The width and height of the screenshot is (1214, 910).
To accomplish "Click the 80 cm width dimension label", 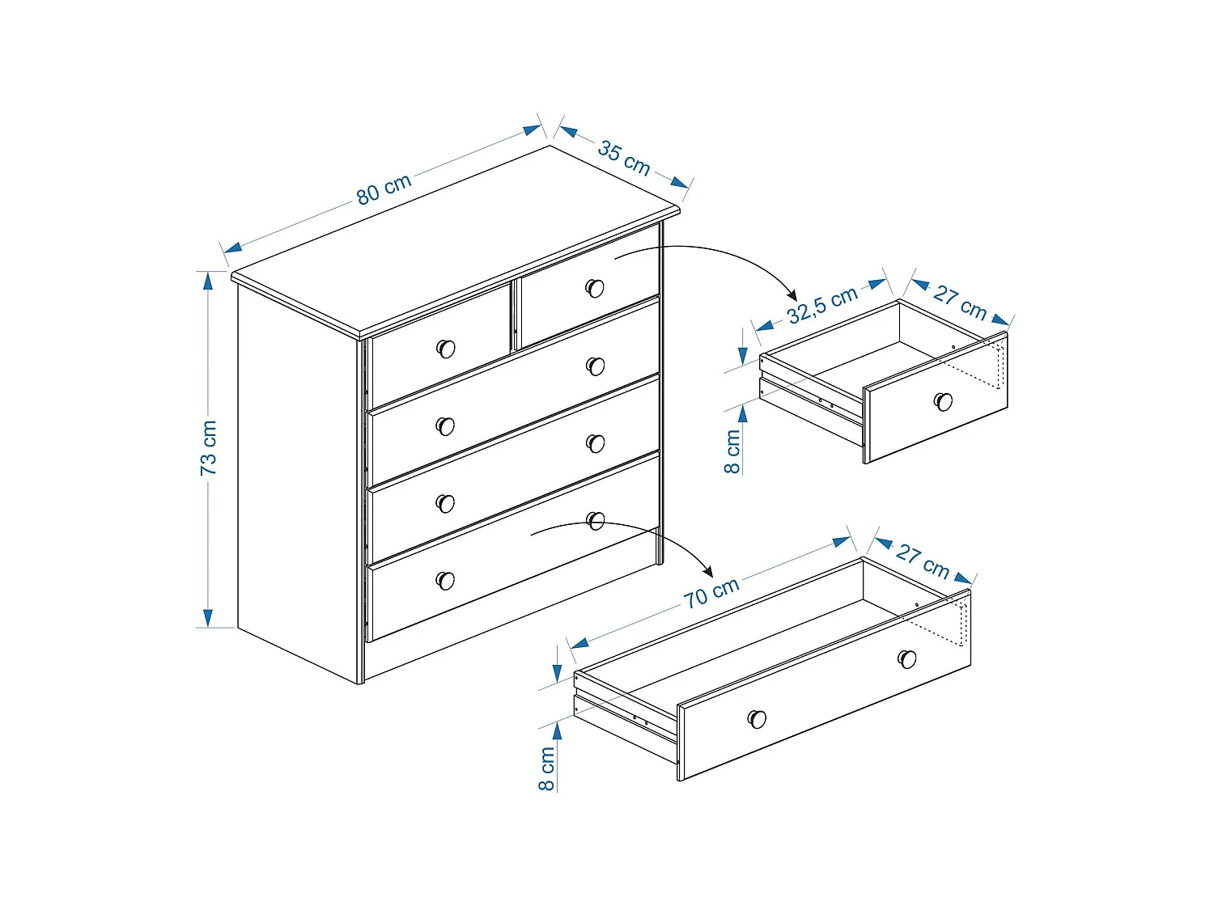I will pyautogui.click(x=384, y=189).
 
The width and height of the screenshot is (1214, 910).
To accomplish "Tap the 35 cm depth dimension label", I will pyautogui.click(x=623, y=158).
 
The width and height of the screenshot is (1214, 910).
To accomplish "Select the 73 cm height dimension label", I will pyautogui.click(x=209, y=447).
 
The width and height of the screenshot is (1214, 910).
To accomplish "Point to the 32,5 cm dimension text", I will pyautogui.click(x=821, y=305).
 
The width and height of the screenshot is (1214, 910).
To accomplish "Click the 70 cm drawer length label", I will pyautogui.click(x=711, y=593).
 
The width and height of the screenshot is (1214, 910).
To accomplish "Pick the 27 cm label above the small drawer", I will pyautogui.click(x=960, y=302).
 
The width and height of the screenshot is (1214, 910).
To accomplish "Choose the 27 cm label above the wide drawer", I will pyautogui.click(x=923, y=561).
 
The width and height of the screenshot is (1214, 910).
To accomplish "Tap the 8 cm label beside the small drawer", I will pyautogui.click(x=732, y=451).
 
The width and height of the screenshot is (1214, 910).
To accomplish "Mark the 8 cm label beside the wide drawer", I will pyautogui.click(x=547, y=768).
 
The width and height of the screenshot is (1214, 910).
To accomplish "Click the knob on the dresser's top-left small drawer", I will pyautogui.click(x=446, y=349).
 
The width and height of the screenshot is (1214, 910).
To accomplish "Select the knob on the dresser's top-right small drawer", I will pyautogui.click(x=595, y=288).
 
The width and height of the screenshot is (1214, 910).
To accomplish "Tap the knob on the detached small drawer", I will pyautogui.click(x=943, y=401).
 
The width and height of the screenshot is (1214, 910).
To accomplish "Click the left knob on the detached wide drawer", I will pyautogui.click(x=757, y=718).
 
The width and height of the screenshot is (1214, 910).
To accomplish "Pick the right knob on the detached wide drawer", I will pyautogui.click(x=907, y=658).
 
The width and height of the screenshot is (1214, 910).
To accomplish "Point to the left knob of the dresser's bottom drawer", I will pyautogui.click(x=445, y=580).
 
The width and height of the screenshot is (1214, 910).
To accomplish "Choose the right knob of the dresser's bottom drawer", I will pyautogui.click(x=596, y=521).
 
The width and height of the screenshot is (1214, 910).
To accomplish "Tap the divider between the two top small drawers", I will pyautogui.click(x=514, y=315).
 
